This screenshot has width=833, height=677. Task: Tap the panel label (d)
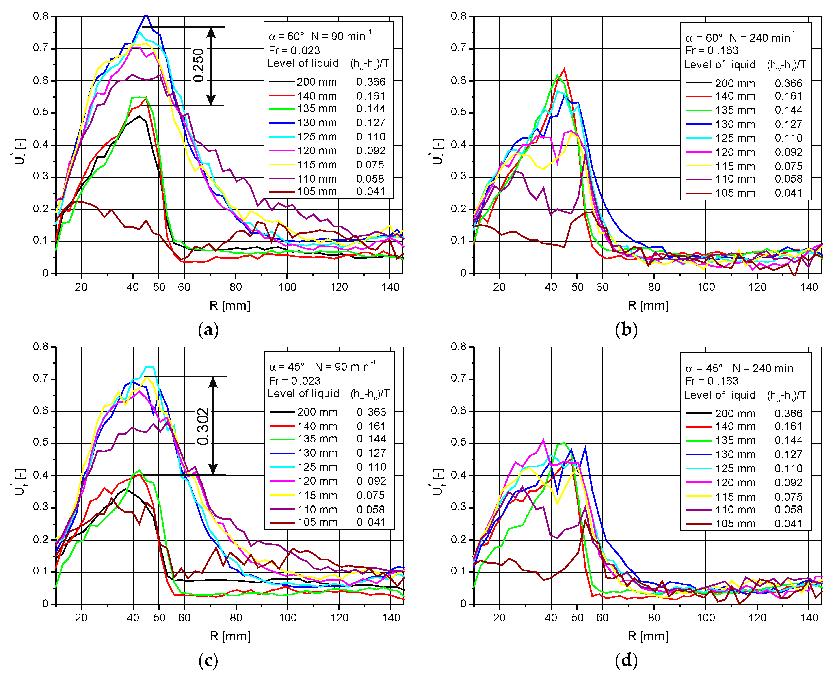click(626, 660)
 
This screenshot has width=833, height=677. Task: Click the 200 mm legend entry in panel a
click(317, 82)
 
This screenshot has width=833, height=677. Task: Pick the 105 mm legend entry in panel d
click(735, 524)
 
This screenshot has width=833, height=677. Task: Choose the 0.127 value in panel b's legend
click(788, 124)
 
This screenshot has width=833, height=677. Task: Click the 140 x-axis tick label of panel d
click(809, 617)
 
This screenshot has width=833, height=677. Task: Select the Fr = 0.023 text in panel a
click(294, 50)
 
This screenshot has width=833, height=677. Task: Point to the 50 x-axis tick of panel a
click(159, 287)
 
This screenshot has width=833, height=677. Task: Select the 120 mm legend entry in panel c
click(317, 481)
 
